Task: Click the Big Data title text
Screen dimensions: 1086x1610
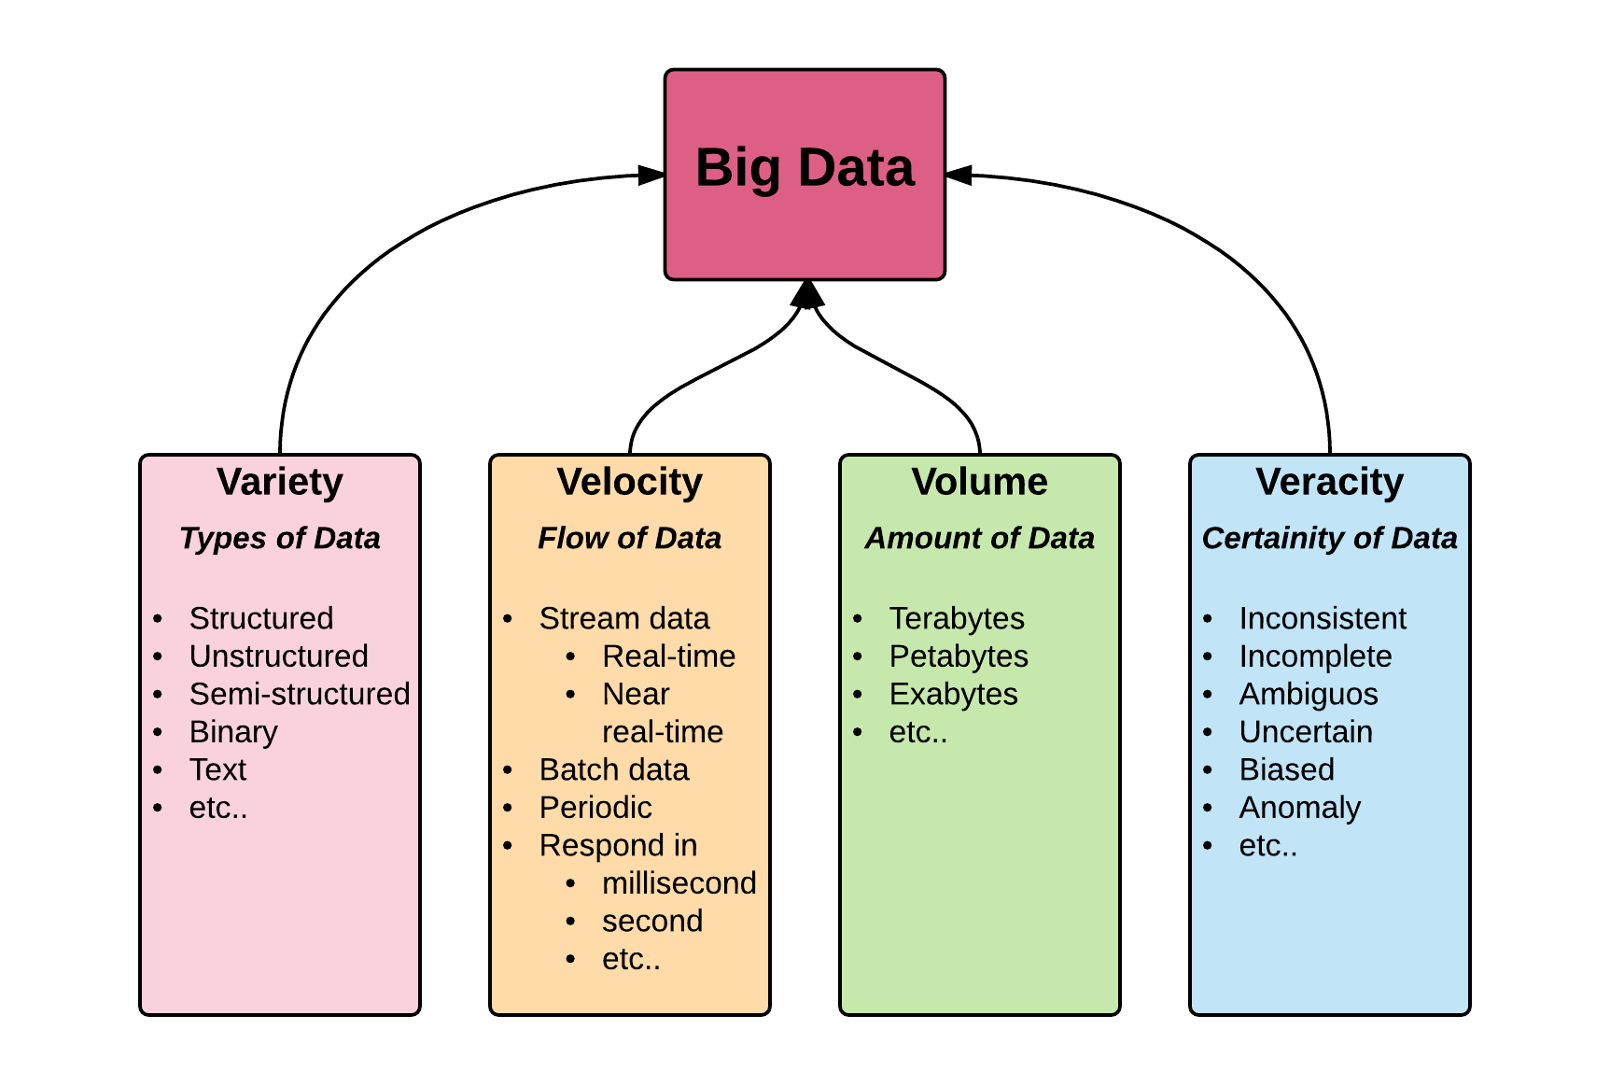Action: coord(805,168)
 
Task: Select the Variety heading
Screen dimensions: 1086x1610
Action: coord(280,482)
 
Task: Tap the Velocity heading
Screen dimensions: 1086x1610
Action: coord(630,482)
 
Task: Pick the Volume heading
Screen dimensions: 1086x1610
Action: coord(980,482)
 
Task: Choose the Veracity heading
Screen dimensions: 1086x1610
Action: coord(1330,482)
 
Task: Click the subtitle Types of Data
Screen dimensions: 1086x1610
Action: coord(280,538)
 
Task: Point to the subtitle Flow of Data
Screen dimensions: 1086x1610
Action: coord(630,538)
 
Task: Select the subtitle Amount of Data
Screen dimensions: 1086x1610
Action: coord(980,538)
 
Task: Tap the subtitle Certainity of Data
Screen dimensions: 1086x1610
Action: coord(1330,538)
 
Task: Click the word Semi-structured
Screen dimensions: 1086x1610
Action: coord(300,694)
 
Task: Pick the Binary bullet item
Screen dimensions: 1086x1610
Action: coord(233,732)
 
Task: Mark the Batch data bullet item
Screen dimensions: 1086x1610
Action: coord(614,769)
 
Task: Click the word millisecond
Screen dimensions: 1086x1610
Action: coord(679,883)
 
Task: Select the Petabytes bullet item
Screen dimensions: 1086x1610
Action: coord(959,656)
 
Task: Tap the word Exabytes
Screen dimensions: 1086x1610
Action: coord(953,694)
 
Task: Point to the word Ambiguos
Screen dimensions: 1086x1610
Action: coord(1309,694)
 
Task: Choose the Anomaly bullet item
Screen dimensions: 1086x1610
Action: coord(1300,808)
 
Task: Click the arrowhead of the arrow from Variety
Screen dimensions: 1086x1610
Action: coord(651,175)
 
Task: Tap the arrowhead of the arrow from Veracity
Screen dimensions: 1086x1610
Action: coord(959,175)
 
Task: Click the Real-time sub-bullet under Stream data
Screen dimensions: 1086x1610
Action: coord(668,656)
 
